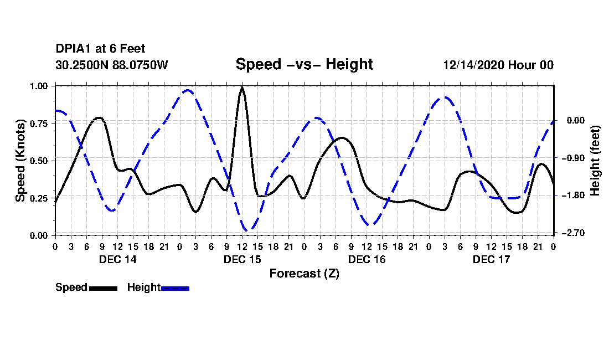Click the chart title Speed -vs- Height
click(304, 64)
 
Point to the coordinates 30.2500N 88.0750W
click(112, 65)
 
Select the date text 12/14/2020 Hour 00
click(498, 65)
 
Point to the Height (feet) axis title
click(596, 161)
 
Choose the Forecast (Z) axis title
click(304, 274)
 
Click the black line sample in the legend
click(102, 288)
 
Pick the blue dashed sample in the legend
click(175, 288)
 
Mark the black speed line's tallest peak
click(242, 88)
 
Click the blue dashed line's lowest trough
click(247, 229)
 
